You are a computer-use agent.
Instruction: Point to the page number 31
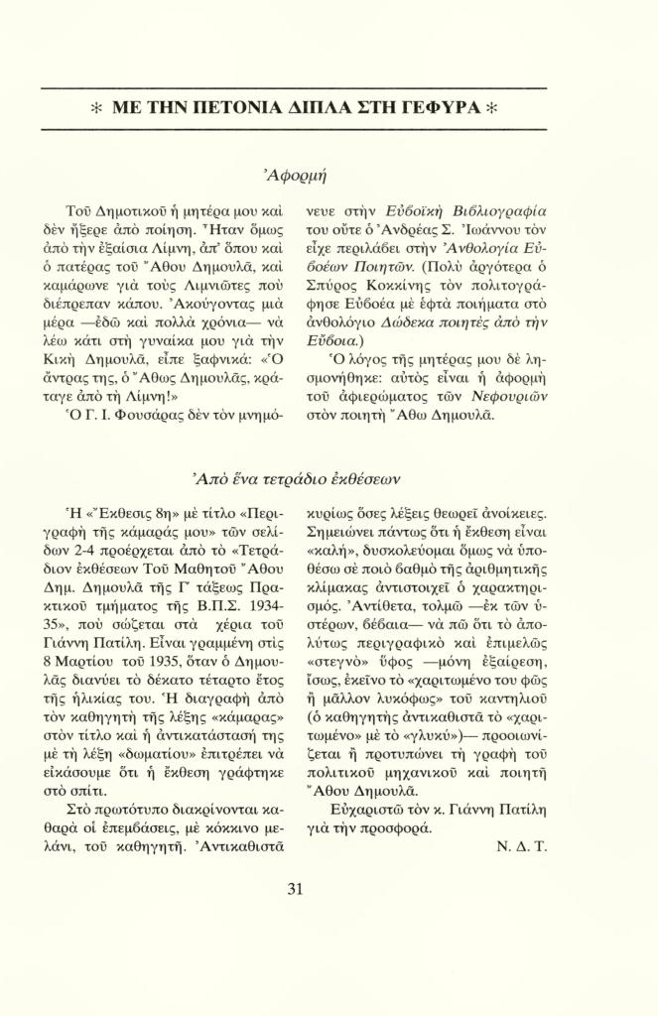(295, 888)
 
